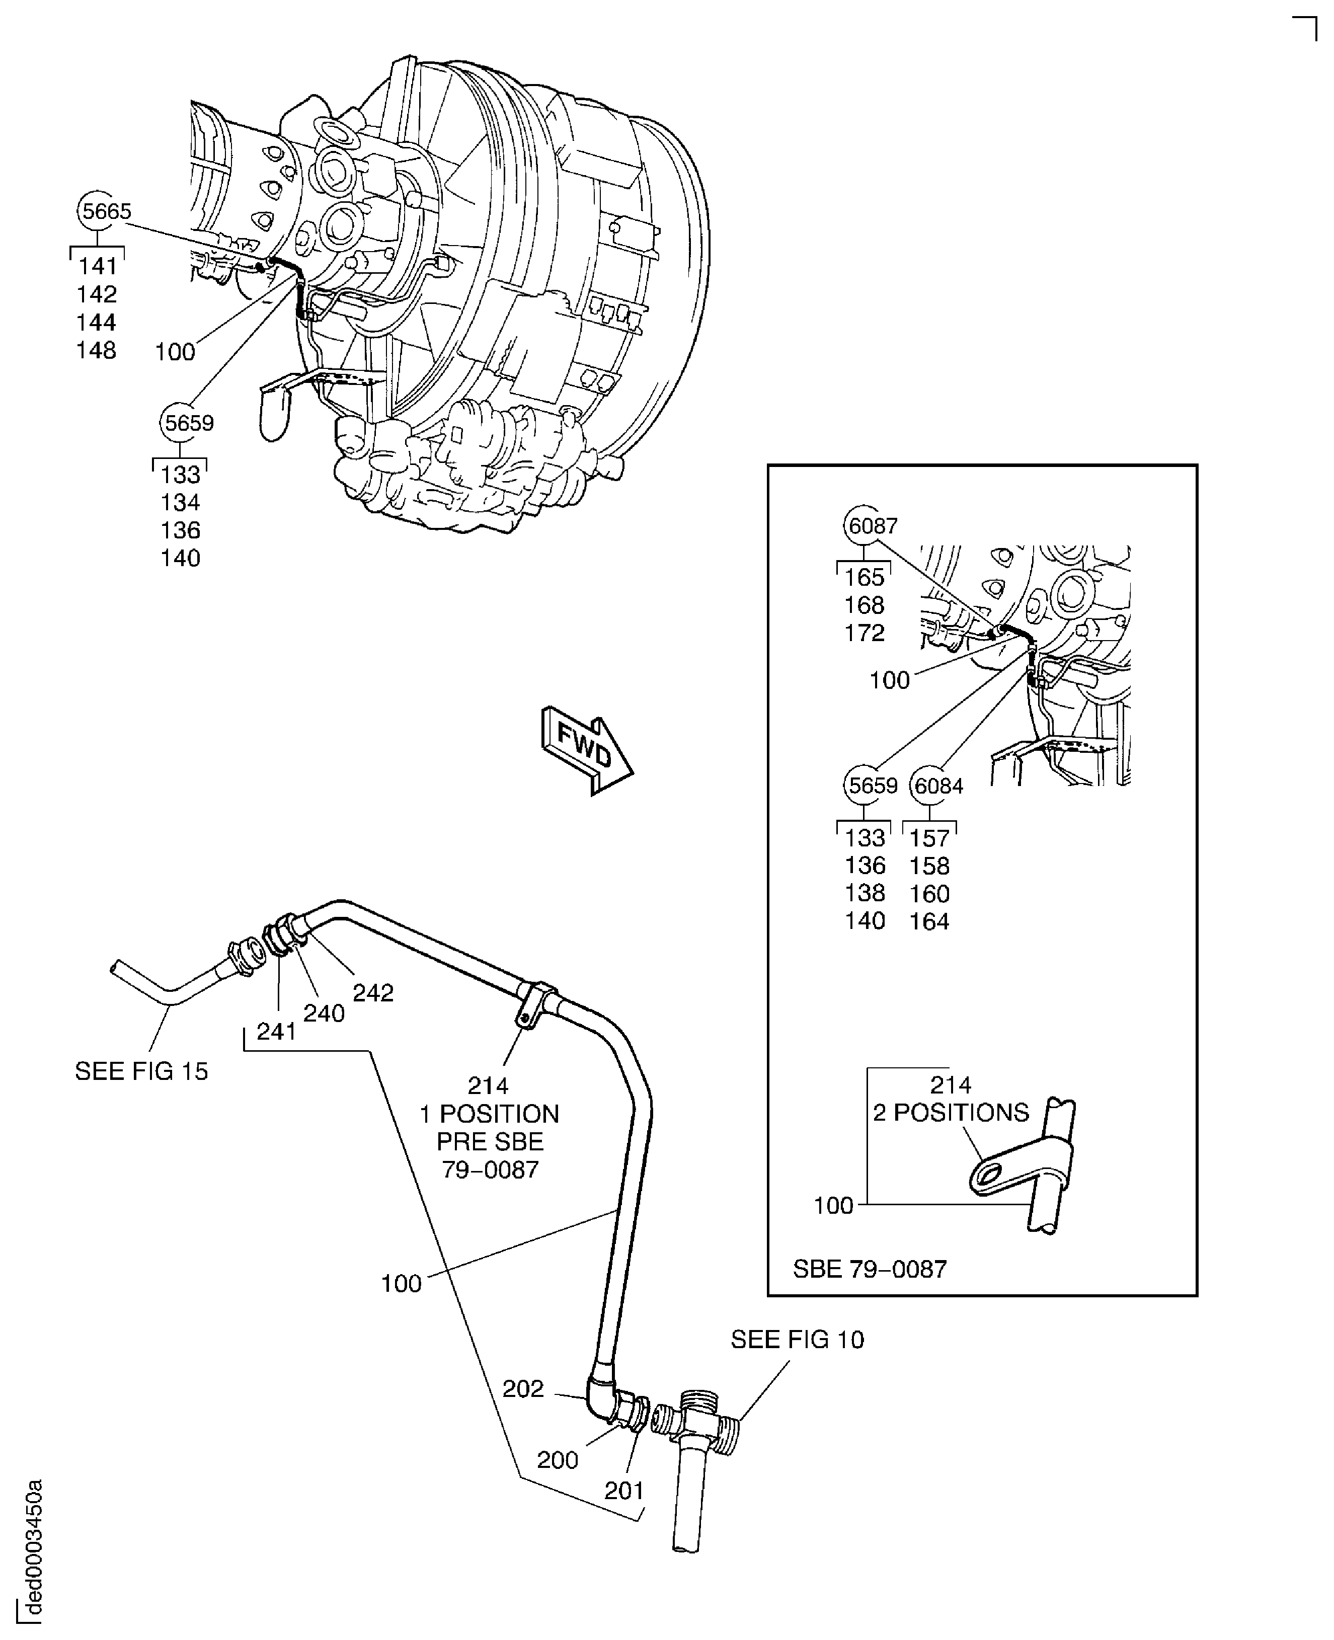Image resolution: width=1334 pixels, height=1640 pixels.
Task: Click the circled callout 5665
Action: coord(106,210)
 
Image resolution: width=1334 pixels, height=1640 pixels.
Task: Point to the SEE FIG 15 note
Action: coord(141,1071)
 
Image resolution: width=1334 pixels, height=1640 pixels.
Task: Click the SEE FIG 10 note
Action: coord(798,1340)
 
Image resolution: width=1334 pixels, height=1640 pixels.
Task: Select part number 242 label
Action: coord(373,993)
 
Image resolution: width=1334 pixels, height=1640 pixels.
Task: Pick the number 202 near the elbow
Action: coord(523,1389)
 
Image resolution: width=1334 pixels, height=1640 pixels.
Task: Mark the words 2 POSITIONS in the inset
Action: coord(951,1112)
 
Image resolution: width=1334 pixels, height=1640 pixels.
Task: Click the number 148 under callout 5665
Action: coord(96,350)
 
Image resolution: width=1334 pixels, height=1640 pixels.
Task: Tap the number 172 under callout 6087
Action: coord(865,633)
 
